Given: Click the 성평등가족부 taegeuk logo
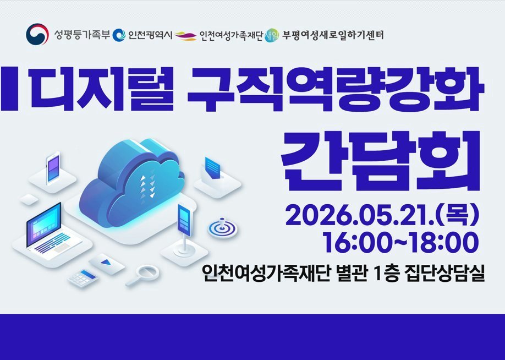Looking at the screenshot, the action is [x=37, y=34].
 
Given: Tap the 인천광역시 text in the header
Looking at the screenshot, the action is [x=150, y=35].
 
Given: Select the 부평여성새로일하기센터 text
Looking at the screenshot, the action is [x=333, y=35].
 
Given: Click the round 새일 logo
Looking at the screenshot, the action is [x=271, y=35].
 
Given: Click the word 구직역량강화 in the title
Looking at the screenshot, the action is [x=335, y=89].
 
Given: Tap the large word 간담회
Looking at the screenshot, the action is [x=381, y=161].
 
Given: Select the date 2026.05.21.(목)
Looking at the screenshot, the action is [x=382, y=215].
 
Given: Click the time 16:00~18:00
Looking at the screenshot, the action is [x=400, y=242].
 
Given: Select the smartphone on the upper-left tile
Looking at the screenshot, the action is [x=53, y=168].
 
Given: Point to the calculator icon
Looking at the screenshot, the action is [x=83, y=278].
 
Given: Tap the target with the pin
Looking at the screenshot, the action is [x=222, y=228].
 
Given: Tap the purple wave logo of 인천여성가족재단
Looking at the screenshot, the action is [x=186, y=36].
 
